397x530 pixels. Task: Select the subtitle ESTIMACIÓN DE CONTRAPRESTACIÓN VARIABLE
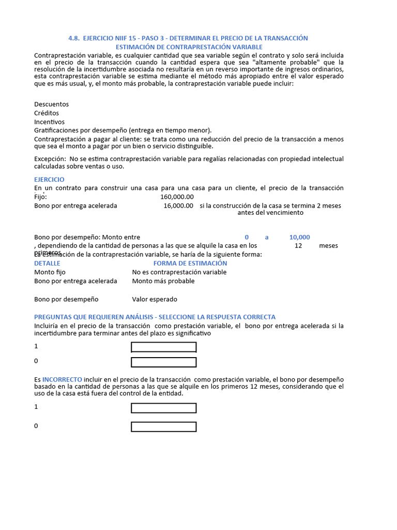click(189, 47)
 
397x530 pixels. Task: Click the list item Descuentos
click(51, 104)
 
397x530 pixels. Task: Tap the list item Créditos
click(47, 113)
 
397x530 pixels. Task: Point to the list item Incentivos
click(49, 122)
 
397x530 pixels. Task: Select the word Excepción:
click(50, 159)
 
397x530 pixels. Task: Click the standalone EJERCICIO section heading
click(49, 179)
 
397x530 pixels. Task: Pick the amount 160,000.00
click(177, 197)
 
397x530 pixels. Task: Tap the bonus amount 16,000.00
click(178, 205)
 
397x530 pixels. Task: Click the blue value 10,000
click(299, 237)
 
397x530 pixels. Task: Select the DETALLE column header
click(47, 263)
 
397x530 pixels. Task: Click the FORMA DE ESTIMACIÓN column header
click(190, 263)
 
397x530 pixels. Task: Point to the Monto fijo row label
click(50, 272)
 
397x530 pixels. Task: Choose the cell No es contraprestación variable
click(179, 272)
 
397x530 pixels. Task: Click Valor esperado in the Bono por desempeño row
click(154, 299)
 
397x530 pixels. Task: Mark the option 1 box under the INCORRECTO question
click(163, 408)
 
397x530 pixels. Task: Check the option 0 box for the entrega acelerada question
click(163, 362)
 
